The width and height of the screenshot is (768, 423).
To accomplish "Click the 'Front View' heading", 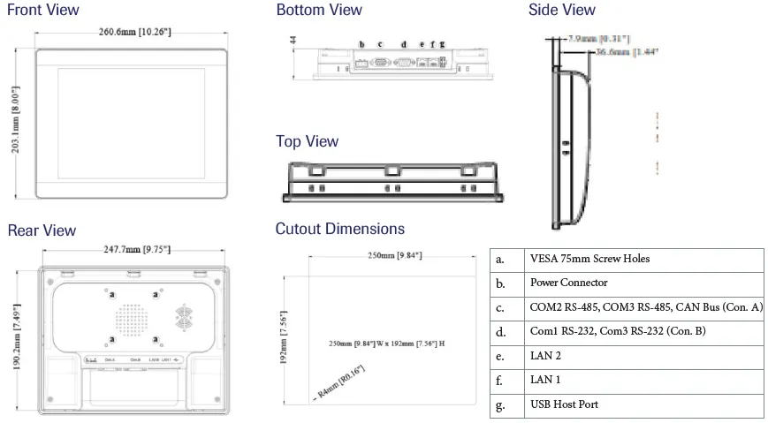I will tap(43, 10).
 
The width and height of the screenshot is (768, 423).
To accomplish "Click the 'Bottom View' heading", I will tap(319, 10).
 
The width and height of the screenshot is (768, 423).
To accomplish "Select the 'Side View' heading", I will tap(562, 10).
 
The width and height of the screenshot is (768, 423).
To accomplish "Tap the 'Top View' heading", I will tap(307, 141).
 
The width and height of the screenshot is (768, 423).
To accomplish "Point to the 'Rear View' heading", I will tap(42, 230).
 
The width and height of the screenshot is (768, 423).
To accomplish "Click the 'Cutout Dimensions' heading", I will tap(339, 229).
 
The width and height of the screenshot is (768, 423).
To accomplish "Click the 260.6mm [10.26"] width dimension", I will tap(134, 32).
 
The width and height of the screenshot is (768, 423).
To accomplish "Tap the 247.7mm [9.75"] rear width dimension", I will tap(133, 250).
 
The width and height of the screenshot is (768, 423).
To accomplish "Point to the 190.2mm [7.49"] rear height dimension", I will tap(16, 336).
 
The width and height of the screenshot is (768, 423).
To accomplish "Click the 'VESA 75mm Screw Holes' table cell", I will tap(589, 259).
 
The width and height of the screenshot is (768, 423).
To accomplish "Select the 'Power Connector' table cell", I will tap(568, 283).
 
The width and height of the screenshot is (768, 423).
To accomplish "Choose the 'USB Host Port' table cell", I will tap(564, 405).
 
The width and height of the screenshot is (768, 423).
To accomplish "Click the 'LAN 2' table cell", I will tap(545, 356).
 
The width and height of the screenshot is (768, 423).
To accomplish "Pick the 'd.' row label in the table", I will tap(501, 332).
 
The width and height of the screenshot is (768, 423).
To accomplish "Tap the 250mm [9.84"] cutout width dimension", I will tap(395, 255).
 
